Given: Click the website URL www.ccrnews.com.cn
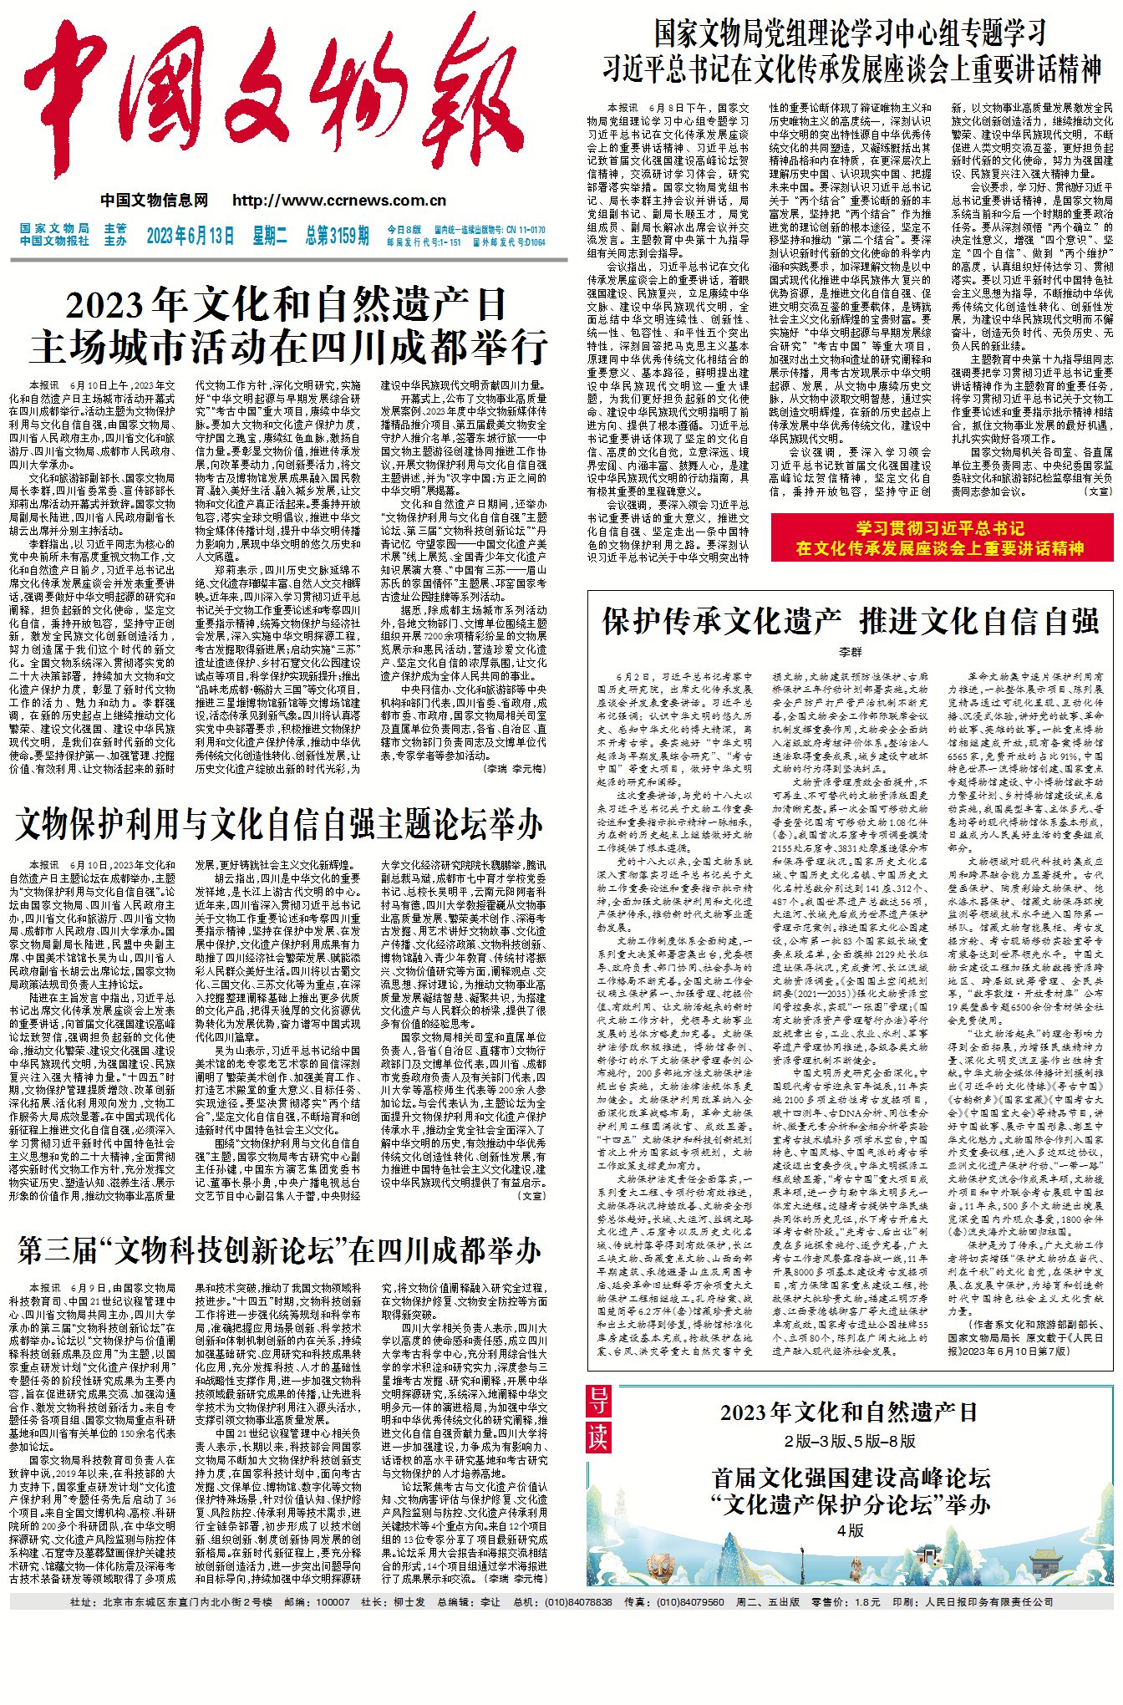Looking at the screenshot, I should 339,201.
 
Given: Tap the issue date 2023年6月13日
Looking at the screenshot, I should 191,236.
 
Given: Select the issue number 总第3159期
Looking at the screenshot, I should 337,236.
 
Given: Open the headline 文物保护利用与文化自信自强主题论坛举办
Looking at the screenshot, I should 279,825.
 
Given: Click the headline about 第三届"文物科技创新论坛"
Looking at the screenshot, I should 279,1252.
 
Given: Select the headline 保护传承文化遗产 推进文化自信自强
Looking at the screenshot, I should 850,622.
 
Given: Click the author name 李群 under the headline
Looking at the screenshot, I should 850,652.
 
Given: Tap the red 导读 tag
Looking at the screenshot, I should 598,1420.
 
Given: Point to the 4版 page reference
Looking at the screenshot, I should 850,1531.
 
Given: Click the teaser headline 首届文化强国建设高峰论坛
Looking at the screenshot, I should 850,1478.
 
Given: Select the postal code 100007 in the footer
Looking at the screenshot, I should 333,1602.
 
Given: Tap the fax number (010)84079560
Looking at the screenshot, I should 690,1602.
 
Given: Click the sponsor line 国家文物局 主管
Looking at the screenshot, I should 74,228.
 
